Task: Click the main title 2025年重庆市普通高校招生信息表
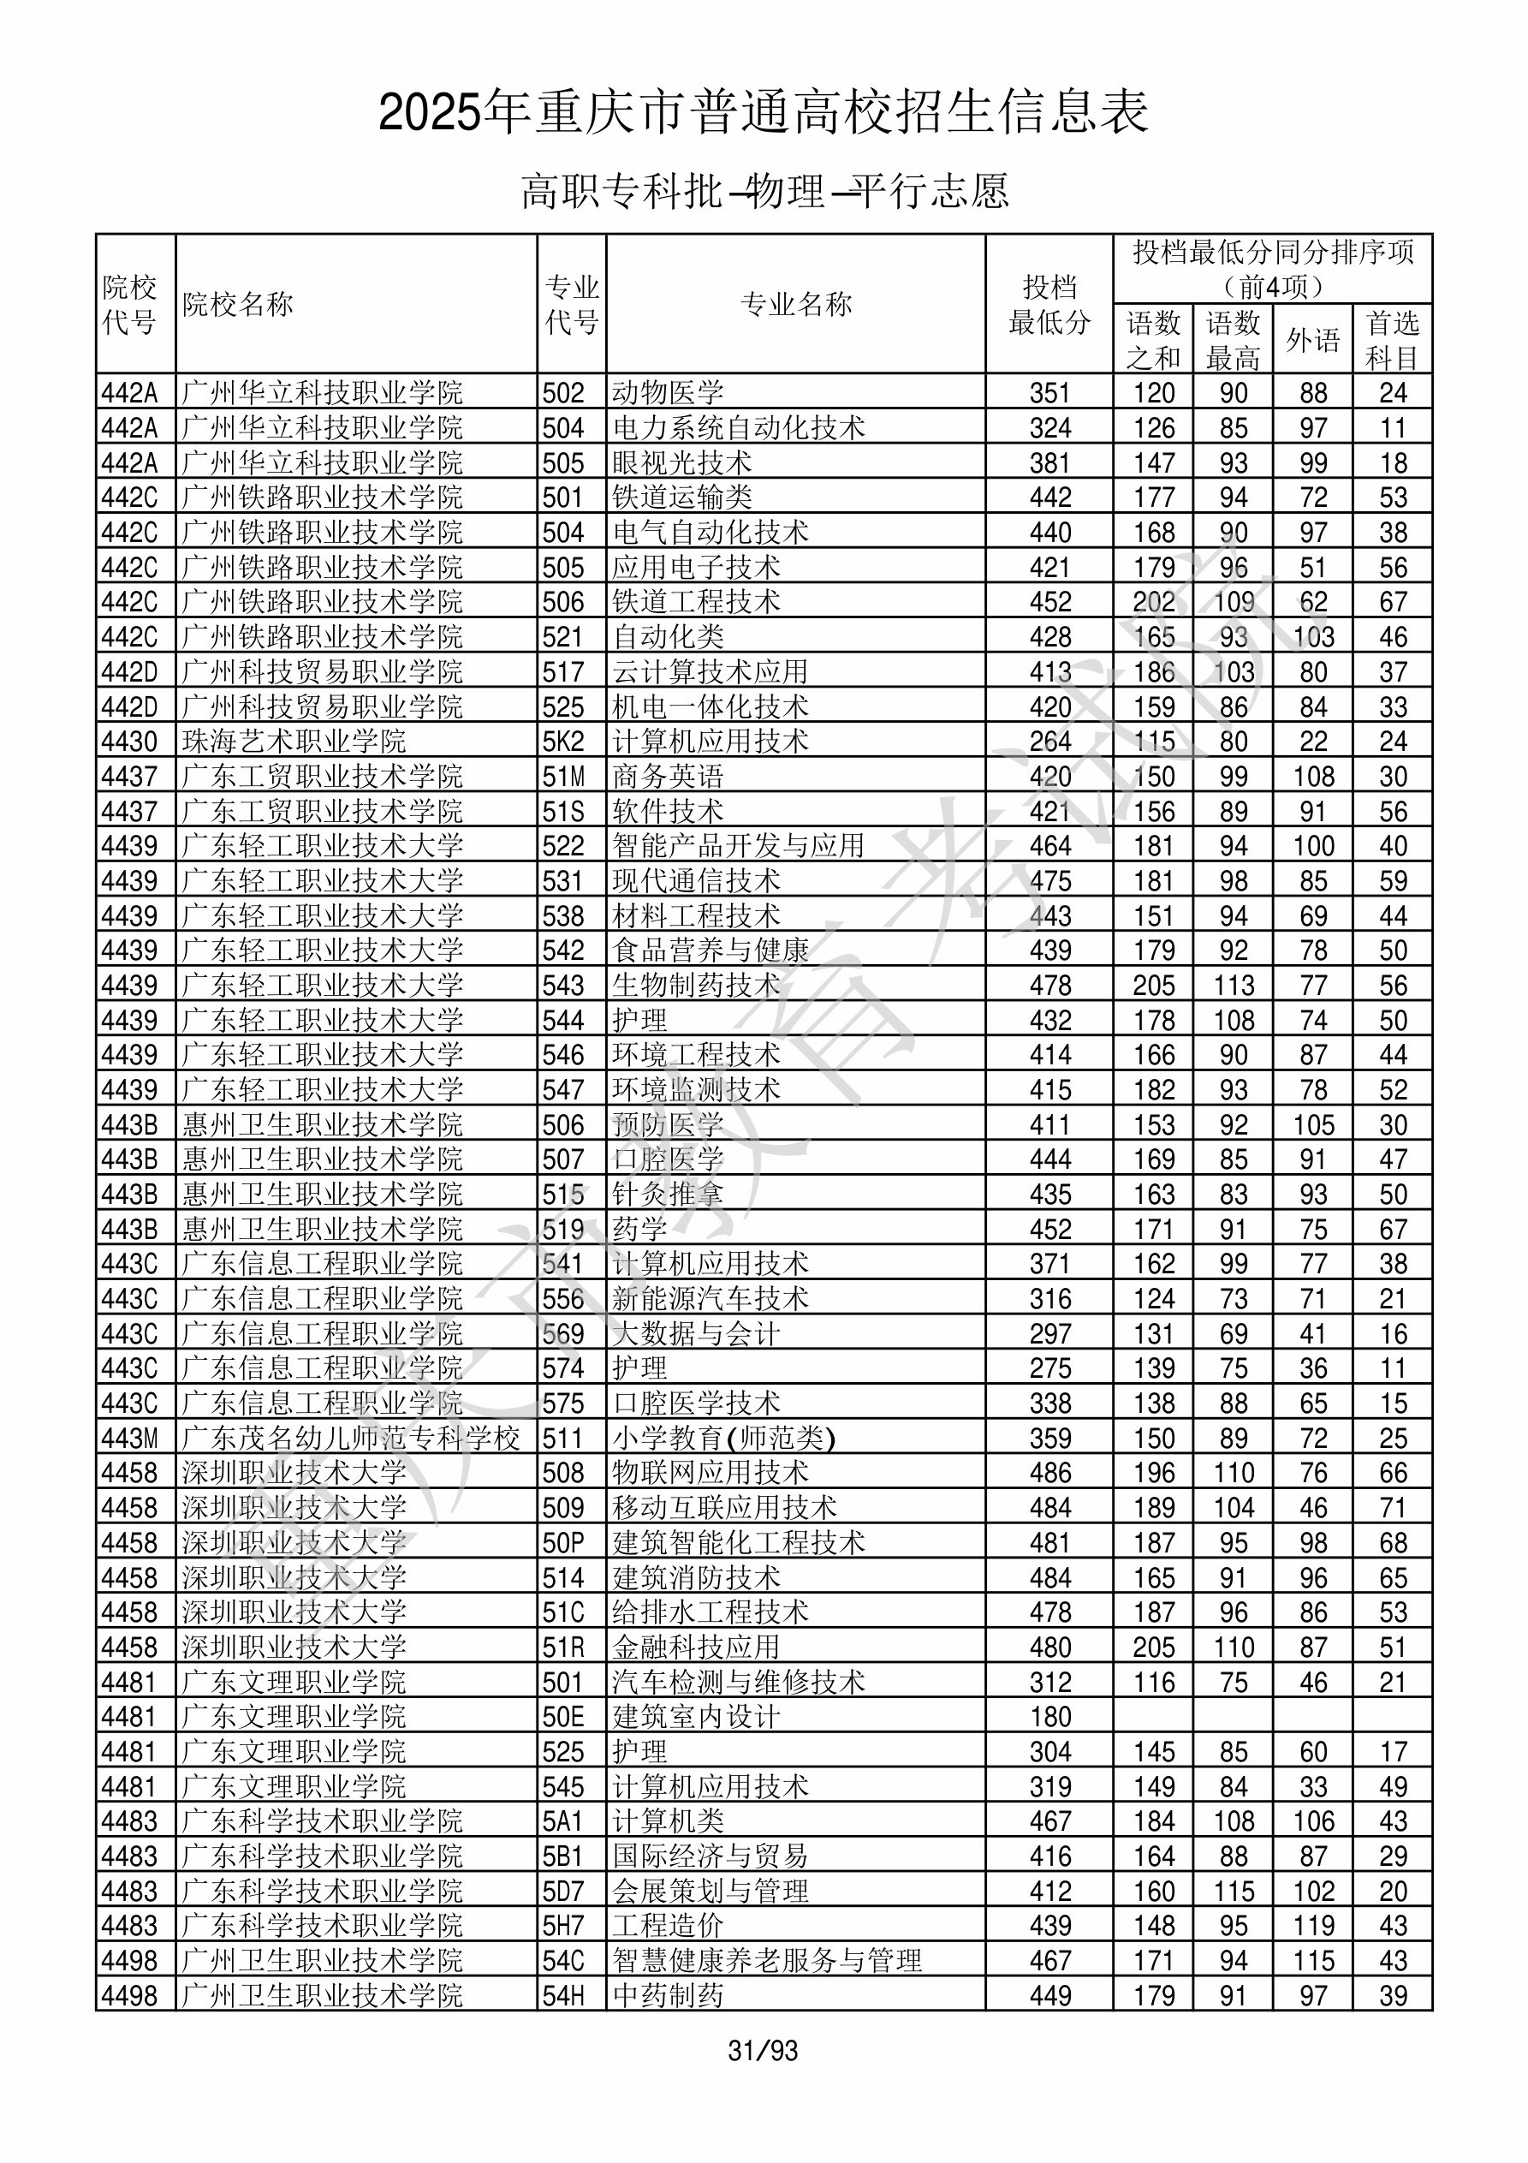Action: pos(763,112)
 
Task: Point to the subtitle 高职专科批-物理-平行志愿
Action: pos(764,191)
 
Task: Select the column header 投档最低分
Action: pos(1049,304)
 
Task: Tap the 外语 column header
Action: pos(1312,340)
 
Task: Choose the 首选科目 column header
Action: pos(1393,340)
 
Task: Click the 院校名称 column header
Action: pos(238,304)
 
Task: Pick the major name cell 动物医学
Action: pos(668,393)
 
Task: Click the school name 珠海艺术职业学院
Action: pos(293,742)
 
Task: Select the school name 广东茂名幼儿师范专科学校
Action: pos(350,1439)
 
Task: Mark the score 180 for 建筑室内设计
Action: pos(1049,1718)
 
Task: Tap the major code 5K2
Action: pos(563,742)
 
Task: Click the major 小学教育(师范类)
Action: pos(723,1439)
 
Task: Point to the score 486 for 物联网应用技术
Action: pos(1049,1474)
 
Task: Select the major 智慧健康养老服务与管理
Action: pos(767,1962)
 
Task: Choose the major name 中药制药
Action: pos(668,1996)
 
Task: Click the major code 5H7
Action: pos(563,1927)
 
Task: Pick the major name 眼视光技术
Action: pos(682,462)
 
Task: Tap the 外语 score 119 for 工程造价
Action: pos(1312,1927)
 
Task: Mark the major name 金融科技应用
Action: pos(696,1648)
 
